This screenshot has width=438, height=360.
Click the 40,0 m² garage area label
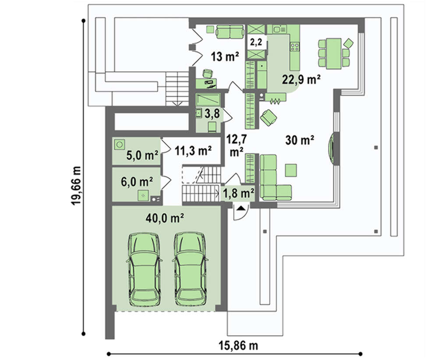pyautogui.click(x=165, y=218)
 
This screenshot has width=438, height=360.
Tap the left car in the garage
pyautogui.click(x=144, y=269)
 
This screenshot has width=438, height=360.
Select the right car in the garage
pyautogui.click(x=191, y=269)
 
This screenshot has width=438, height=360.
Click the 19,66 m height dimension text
pyautogui.click(x=76, y=186)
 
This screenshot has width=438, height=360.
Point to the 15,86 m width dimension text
pyautogui.click(x=238, y=346)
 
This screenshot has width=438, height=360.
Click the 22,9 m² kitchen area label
pyautogui.click(x=301, y=80)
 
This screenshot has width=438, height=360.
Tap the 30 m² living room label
pyautogui.click(x=300, y=140)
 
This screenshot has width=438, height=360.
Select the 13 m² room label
pyautogui.click(x=225, y=56)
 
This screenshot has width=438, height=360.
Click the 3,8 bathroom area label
pyautogui.click(x=212, y=114)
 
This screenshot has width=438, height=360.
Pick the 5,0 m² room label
pyautogui.click(x=142, y=155)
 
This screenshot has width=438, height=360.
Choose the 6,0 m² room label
pyautogui.click(x=137, y=182)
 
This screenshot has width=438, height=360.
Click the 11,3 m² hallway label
pyautogui.click(x=193, y=151)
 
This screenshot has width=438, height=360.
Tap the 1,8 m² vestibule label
pyautogui.click(x=238, y=193)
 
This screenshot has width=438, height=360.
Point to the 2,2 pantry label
pyautogui.click(x=256, y=42)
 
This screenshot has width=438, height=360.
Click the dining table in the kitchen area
pyautogui.click(x=333, y=53)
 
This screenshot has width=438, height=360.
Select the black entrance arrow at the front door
pyautogui.click(x=241, y=208)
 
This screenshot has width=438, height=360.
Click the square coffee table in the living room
pyautogui.click(x=291, y=170)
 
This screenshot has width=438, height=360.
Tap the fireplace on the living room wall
pyautogui.click(x=332, y=147)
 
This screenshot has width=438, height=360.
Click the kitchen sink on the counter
pyautogui.click(x=279, y=29)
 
